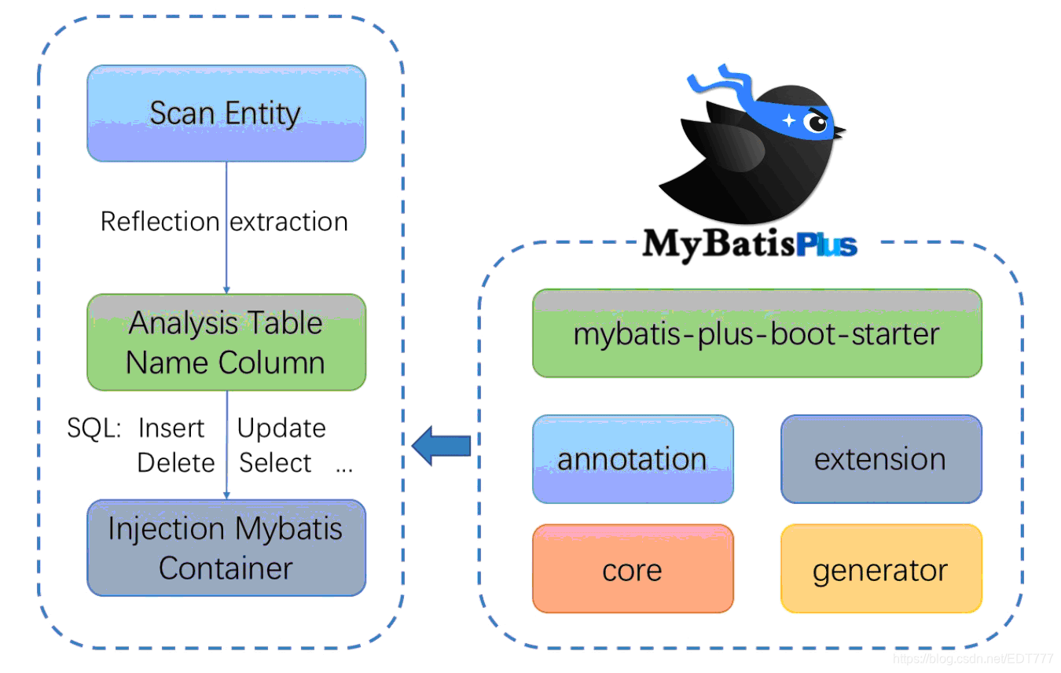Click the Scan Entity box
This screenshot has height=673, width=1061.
pos(226,114)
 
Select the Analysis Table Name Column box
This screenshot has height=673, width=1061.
pos(226,343)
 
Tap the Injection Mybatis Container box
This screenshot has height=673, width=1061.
pos(226,548)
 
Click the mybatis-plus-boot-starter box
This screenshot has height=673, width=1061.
pos(757,334)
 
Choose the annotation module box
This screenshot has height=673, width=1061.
pos(633,459)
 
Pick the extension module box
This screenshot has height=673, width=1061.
pos(880,459)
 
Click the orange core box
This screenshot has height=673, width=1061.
pos(633,569)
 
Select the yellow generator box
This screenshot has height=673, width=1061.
pos(880,569)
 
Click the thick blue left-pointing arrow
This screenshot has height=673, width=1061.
pos(442,446)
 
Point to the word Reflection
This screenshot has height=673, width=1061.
pos(160,222)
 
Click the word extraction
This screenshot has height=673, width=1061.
pos(289,222)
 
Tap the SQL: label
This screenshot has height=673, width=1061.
pos(94,428)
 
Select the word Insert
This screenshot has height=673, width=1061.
pos(171,428)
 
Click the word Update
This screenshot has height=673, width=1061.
pos(281,428)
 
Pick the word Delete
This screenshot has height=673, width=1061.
pos(176,463)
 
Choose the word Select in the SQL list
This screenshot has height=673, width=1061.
pos(275,463)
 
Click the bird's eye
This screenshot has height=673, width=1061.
pos(817,123)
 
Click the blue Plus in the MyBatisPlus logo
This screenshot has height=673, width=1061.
pos(825,245)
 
